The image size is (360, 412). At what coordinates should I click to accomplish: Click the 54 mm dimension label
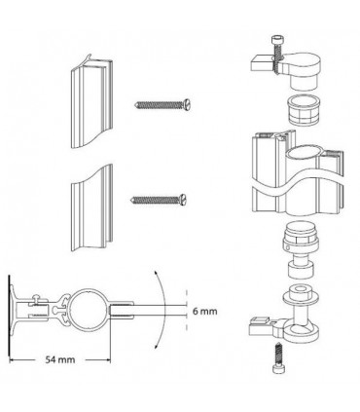pos(60,359)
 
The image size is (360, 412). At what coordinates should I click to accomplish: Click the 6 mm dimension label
pos(205,311)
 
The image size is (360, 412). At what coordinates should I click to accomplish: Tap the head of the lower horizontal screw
pos(182,199)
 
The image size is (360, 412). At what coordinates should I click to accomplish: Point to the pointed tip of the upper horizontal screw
pos(136,105)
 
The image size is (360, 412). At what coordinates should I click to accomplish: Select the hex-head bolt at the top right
pos(276,54)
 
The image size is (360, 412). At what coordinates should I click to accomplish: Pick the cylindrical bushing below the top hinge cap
pos(302,111)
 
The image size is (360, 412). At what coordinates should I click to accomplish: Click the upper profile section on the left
pos(91,103)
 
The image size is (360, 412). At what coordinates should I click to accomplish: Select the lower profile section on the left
pos(91,207)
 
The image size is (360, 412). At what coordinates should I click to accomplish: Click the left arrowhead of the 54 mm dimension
pos(12,359)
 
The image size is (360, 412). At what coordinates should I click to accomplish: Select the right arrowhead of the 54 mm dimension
pos(107,359)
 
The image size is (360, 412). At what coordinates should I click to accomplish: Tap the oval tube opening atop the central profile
pos(305,153)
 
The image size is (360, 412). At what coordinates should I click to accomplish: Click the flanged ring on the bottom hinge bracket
pos(301,295)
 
